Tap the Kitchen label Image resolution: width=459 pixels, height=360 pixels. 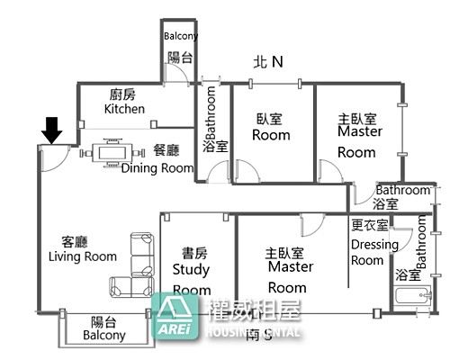[124, 102]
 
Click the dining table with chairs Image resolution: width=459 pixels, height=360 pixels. [112, 152]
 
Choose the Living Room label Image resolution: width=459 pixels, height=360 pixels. [83, 249]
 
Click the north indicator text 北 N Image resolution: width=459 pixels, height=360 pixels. [268, 62]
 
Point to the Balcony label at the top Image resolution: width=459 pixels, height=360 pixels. [181, 37]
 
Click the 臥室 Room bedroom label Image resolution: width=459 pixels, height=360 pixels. [271, 126]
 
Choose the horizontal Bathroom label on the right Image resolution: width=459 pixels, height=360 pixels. [402, 190]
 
